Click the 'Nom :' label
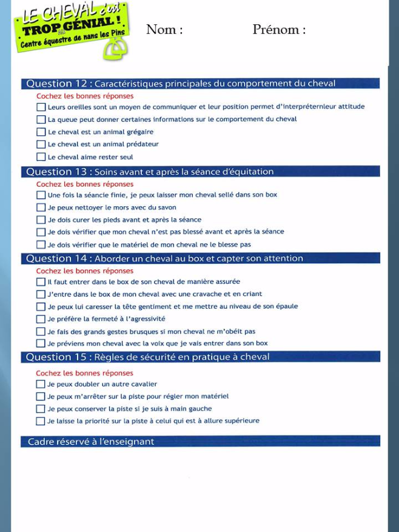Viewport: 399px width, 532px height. click(x=164, y=30)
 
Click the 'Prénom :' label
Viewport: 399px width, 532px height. click(x=279, y=30)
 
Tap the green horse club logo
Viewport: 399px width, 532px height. click(x=72, y=30)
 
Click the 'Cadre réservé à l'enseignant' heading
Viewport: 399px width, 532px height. click(x=91, y=442)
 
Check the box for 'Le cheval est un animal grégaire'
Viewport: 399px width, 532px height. click(x=41, y=132)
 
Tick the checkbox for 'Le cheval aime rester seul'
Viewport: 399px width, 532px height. click(x=41, y=157)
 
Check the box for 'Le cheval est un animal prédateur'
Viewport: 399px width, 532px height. click(x=41, y=144)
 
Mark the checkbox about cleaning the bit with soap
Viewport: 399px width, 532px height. click(x=41, y=207)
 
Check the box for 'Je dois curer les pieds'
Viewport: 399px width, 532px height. click(x=41, y=220)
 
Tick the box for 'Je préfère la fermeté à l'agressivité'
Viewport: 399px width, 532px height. click(x=41, y=319)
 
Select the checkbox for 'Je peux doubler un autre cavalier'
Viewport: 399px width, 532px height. click(x=41, y=384)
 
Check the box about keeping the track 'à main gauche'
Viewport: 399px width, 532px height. click(x=41, y=409)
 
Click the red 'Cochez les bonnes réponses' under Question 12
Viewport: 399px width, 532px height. click(x=85, y=96)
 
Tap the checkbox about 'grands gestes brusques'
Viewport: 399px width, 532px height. click(x=41, y=332)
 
